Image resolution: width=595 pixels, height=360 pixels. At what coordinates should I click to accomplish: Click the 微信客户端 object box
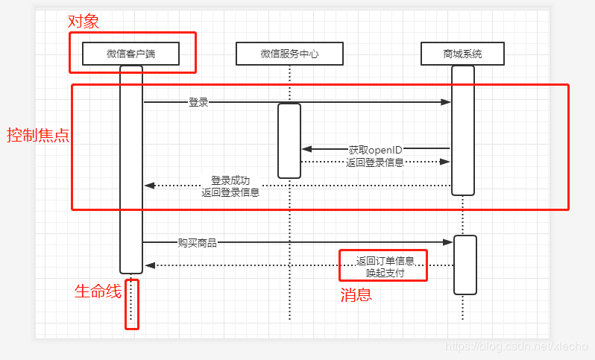(x=130, y=54)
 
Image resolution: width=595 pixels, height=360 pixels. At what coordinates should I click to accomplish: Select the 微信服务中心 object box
(x=289, y=54)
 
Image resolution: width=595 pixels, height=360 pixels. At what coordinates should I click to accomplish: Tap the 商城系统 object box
(x=462, y=54)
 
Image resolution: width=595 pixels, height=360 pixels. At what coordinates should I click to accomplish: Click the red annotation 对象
(x=83, y=21)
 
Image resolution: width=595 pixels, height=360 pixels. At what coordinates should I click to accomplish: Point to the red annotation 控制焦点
(x=38, y=135)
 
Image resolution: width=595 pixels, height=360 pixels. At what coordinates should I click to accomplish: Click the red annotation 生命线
(x=98, y=291)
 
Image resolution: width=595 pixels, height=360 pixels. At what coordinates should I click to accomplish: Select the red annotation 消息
(x=356, y=294)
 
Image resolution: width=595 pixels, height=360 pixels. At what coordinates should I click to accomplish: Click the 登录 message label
(x=198, y=103)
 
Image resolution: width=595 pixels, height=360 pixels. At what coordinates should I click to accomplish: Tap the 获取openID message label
(x=375, y=150)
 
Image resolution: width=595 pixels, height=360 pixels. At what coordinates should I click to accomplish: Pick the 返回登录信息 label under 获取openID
(x=375, y=162)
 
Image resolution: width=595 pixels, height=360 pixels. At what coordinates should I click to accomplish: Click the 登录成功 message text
(x=230, y=180)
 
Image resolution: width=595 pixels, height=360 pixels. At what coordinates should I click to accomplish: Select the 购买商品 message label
(x=198, y=242)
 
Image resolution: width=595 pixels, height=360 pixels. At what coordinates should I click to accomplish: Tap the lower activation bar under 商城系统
(x=465, y=265)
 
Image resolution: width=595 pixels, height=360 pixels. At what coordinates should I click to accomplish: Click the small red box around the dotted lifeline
(x=132, y=303)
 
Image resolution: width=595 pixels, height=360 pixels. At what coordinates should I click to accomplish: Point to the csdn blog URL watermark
(x=515, y=347)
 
